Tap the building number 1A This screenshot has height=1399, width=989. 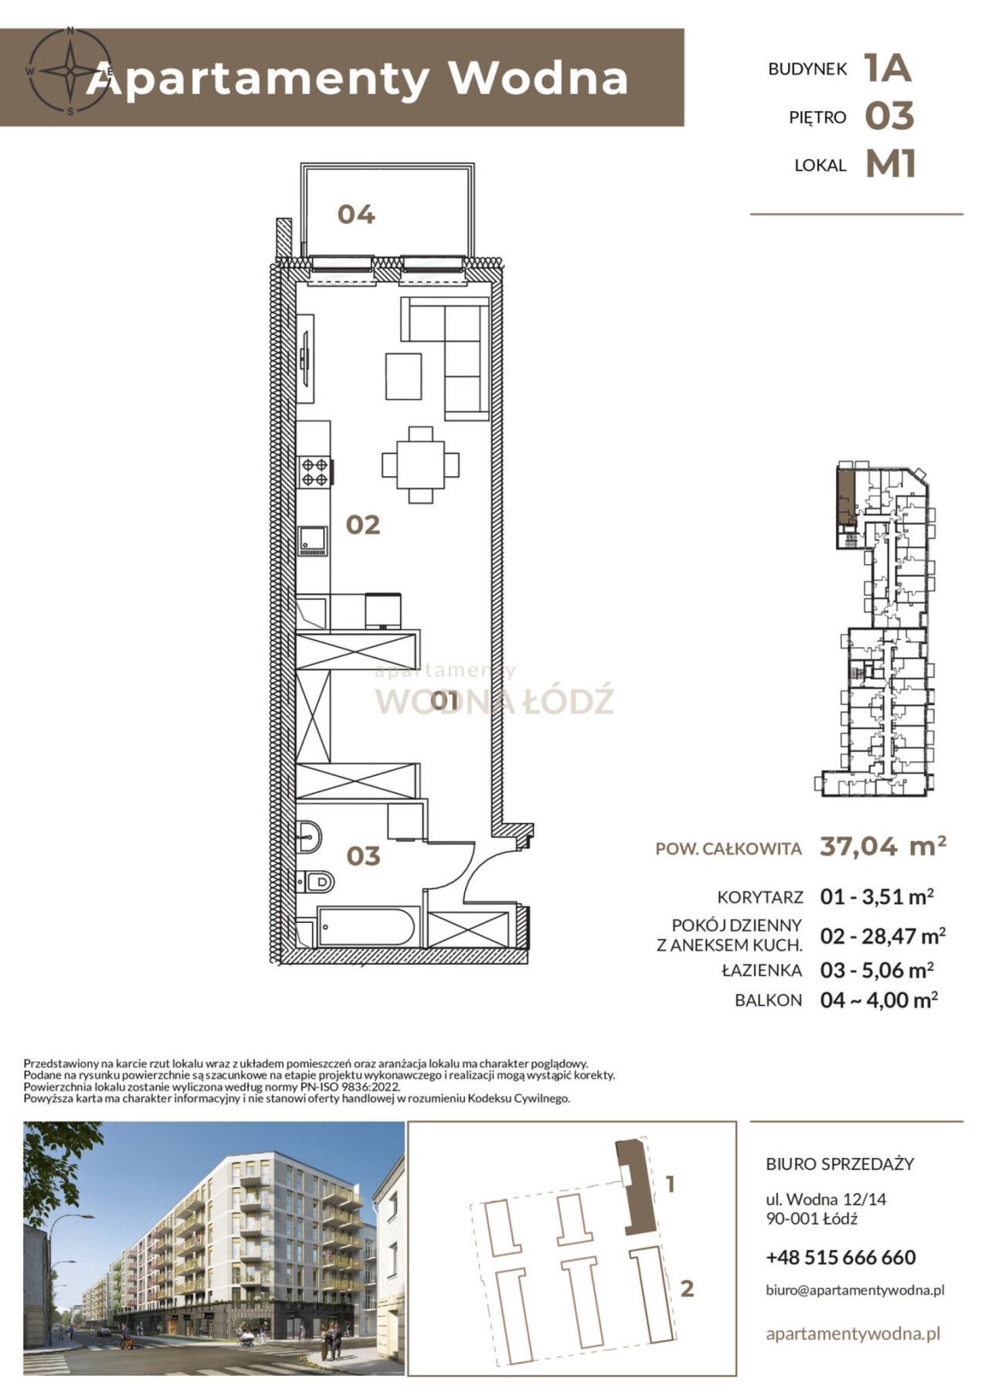(889, 68)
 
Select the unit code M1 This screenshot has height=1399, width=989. (891, 164)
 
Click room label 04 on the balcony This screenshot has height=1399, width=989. (356, 214)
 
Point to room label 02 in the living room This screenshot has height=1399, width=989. (363, 526)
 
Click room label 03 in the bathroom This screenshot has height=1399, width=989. (363, 856)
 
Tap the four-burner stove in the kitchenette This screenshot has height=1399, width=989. (316, 471)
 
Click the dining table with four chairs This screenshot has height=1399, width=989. (420, 465)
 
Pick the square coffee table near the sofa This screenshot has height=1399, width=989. (404, 376)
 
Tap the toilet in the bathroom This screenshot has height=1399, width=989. (314, 880)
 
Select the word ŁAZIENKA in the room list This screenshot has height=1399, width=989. (761, 969)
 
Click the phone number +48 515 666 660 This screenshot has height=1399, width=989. (841, 1258)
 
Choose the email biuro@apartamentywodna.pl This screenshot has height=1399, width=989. (855, 1290)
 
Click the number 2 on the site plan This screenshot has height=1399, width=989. (686, 1288)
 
